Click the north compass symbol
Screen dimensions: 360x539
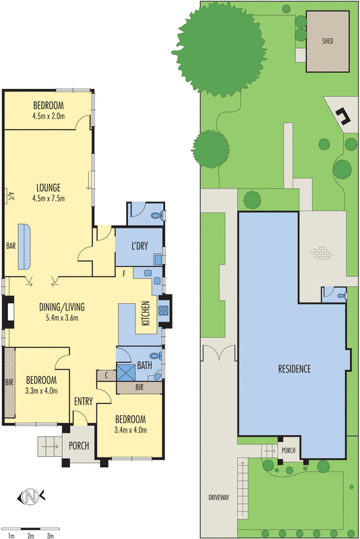pyautogui.click(x=31, y=497)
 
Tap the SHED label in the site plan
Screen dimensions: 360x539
pyautogui.click(x=328, y=41)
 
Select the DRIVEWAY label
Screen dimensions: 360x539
pyautogui.click(x=218, y=497)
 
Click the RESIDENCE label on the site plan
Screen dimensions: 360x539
pyautogui.click(x=295, y=369)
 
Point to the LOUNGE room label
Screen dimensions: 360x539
pyautogui.click(x=49, y=188)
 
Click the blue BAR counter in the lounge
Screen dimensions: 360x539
pyautogui.click(x=24, y=247)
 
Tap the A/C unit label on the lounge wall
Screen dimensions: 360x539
pyautogui.click(x=10, y=196)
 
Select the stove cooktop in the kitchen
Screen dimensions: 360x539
pyautogui.click(x=163, y=311)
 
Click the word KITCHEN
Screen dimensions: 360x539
pyautogui.click(x=146, y=313)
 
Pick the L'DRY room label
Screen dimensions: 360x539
pyautogui.click(x=140, y=246)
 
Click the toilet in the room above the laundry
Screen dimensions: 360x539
pyautogui.click(x=156, y=216)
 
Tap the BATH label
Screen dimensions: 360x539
pyautogui.click(x=144, y=365)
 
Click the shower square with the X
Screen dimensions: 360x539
pyautogui.click(x=126, y=373)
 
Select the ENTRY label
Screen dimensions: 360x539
pyautogui.click(x=84, y=401)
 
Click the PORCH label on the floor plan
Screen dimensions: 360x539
pyautogui.click(x=79, y=446)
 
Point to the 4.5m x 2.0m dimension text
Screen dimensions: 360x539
pyautogui.click(x=49, y=116)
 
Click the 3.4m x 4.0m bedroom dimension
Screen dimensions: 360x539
pyautogui.click(x=131, y=430)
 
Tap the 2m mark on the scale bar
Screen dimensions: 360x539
pyautogui.click(x=30, y=536)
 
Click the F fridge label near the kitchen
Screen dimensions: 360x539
pyautogui.click(x=125, y=274)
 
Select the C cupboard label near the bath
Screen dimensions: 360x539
pyautogui.click(x=107, y=375)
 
